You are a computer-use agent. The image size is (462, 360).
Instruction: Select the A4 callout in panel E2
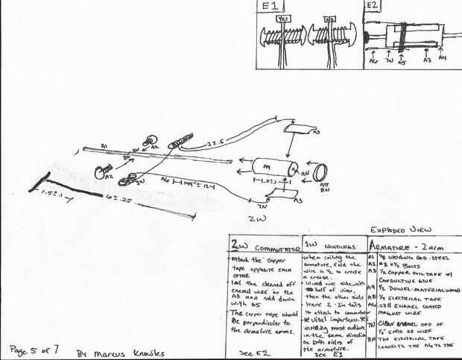[443, 57]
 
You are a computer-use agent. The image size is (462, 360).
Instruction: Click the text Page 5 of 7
[34, 348]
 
